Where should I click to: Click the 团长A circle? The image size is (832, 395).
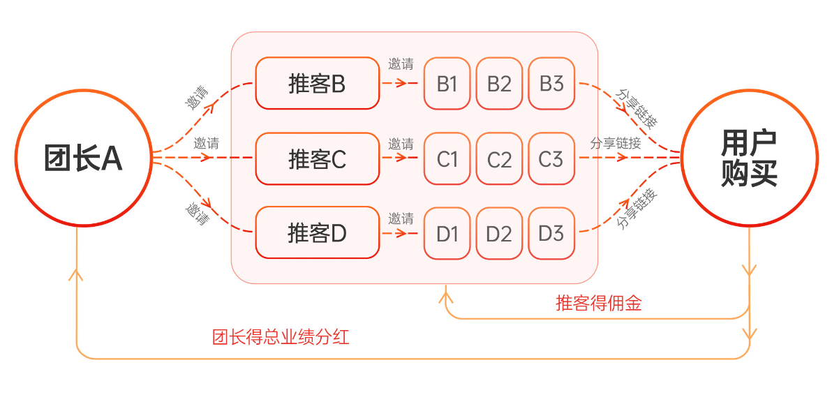pos(83,158)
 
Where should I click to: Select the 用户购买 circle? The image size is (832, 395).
pos(749,158)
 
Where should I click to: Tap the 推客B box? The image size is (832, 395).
pos(317,84)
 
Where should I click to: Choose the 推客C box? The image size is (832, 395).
pos(317,159)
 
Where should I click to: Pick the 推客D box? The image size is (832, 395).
pos(317,232)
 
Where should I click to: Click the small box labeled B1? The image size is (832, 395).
pos(447,84)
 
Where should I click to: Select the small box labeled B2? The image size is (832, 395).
pos(499,84)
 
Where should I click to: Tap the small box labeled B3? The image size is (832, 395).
pos(551,84)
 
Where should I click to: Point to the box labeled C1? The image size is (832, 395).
pos(447,159)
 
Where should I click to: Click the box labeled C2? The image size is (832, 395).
pos(499,159)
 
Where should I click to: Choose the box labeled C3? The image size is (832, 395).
pos(551,159)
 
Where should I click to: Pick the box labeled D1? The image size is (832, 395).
pos(447,233)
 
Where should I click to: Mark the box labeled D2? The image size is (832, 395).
pos(499,233)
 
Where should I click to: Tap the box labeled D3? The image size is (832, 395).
pos(551,233)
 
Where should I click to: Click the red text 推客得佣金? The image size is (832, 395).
pos(598,303)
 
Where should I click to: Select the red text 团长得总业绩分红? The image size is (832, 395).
pos(281,338)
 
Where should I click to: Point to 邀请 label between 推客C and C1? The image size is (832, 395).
pos(401,144)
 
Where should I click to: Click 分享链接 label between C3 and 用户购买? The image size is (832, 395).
pos(615,144)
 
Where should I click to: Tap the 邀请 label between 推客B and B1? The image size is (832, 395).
pos(401,65)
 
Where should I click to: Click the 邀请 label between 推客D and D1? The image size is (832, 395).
pos(401,217)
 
